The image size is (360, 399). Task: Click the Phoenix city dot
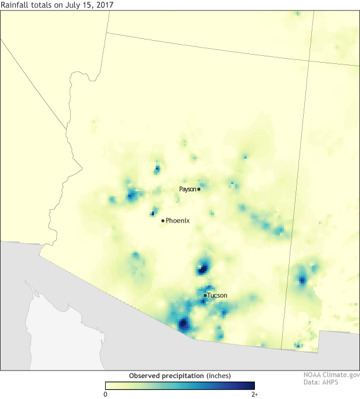(x=163, y=220)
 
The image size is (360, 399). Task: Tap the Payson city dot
(x=199, y=189)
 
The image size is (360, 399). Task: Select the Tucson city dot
(x=205, y=296)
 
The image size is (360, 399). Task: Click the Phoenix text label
(x=178, y=221)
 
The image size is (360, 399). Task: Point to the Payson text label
(x=188, y=189)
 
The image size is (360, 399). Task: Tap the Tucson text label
(x=217, y=296)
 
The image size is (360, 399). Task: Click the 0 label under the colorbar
(x=105, y=393)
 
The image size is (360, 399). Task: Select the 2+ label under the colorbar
(x=254, y=393)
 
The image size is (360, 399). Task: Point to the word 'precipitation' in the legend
(x=183, y=375)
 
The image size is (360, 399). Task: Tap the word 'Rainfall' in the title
(x=15, y=5)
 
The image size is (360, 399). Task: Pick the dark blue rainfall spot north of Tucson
(x=203, y=267)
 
